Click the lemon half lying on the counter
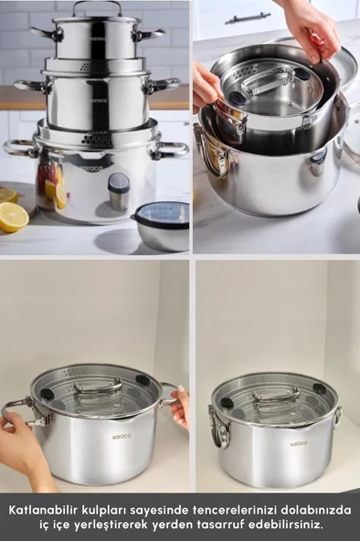pos(13,217)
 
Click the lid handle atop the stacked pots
pos(97,7)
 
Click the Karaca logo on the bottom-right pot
pos(298,444)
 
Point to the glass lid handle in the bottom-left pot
pos(99,386)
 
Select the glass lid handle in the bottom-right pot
pos(276,393)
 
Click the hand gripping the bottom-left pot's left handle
pos(21,445)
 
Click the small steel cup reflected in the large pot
pos(119,192)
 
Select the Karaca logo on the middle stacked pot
pos(99,101)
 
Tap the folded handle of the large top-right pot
pos(213,155)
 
